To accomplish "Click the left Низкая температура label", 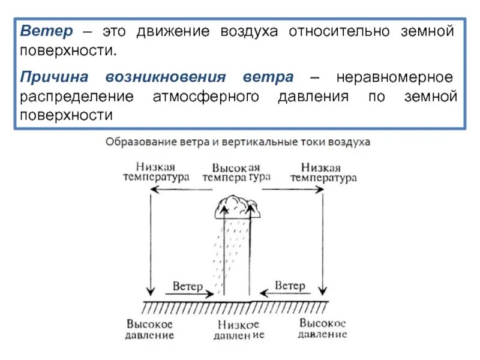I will pyautogui.click(x=156, y=172).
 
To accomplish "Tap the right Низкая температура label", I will pyautogui.click(x=323, y=172).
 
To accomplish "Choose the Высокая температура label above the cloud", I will pyautogui.click(x=236, y=172).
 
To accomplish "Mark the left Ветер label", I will pyautogui.click(x=188, y=286).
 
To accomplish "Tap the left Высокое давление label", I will pyautogui.click(x=150, y=329).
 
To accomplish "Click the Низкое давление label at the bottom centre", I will pyautogui.click(x=238, y=329).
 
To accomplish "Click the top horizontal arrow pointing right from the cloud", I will pyautogui.click(x=292, y=190).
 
